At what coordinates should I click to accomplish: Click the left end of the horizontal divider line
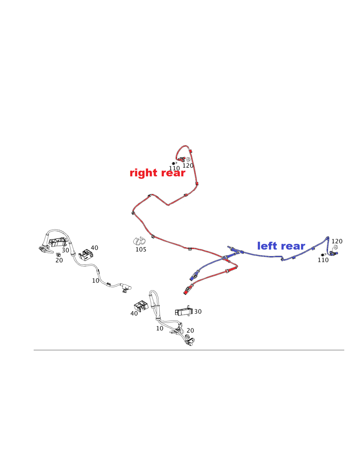[x=34, y=350]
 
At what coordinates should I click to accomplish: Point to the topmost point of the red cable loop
[x=184, y=146]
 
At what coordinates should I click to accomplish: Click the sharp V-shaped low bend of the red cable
[x=168, y=205]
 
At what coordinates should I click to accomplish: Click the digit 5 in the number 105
[x=144, y=250]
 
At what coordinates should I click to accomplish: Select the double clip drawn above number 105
[x=138, y=241]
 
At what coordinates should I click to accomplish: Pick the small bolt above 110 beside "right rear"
[x=173, y=163]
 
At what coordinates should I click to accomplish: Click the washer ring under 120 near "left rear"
[x=335, y=247]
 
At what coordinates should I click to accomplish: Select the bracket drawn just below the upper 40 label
[x=86, y=255]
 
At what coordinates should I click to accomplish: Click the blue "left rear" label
[x=281, y=246]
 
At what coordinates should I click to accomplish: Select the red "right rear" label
[x=157, y=173]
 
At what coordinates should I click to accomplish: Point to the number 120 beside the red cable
[x=188, y=166]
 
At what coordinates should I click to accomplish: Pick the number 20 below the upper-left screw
[x=59, y=260]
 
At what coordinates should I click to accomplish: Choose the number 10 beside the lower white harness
[x=160, y=328]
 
